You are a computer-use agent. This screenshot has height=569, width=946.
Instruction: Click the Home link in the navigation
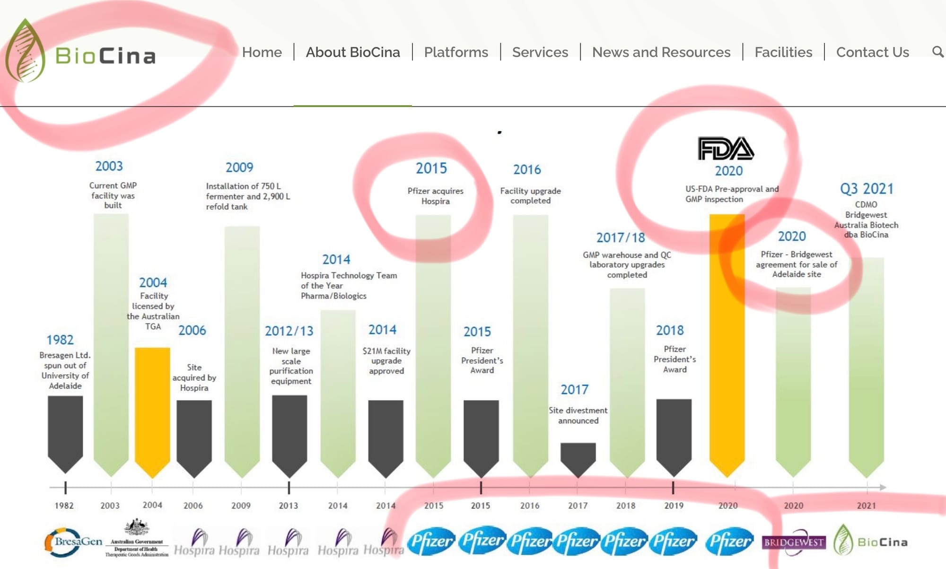[x=262, y=52]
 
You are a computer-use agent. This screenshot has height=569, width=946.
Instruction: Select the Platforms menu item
[x=456, y=52]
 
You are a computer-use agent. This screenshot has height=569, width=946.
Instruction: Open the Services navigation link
[x=540, y=52]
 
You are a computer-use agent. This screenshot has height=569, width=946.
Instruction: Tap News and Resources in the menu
[x=661, y=52]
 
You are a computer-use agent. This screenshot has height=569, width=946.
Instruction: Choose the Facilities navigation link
[x=783, y=52]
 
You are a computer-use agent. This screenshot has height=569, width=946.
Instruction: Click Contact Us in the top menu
[x=873, y=52]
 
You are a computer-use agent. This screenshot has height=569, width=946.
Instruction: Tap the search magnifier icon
[x=937, y=52]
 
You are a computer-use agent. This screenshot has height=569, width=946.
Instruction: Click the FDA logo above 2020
[x=726, y=149]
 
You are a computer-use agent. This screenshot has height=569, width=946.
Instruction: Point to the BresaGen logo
[x=73, y=542]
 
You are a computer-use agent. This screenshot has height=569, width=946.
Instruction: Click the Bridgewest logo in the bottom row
[x=794, y=542]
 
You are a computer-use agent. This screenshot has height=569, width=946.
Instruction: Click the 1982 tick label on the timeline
[x=64, y=506]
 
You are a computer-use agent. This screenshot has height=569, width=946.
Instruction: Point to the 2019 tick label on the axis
[x=674, y=506]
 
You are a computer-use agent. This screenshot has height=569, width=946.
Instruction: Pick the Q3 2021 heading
[x=867, y=189]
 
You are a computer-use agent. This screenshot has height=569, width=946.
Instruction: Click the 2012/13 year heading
[x=289, y=331]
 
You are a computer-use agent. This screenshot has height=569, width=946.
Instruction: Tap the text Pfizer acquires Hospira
[x=435, y=196]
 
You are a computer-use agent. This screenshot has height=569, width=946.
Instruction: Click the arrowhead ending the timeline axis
[x=883, y=487]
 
